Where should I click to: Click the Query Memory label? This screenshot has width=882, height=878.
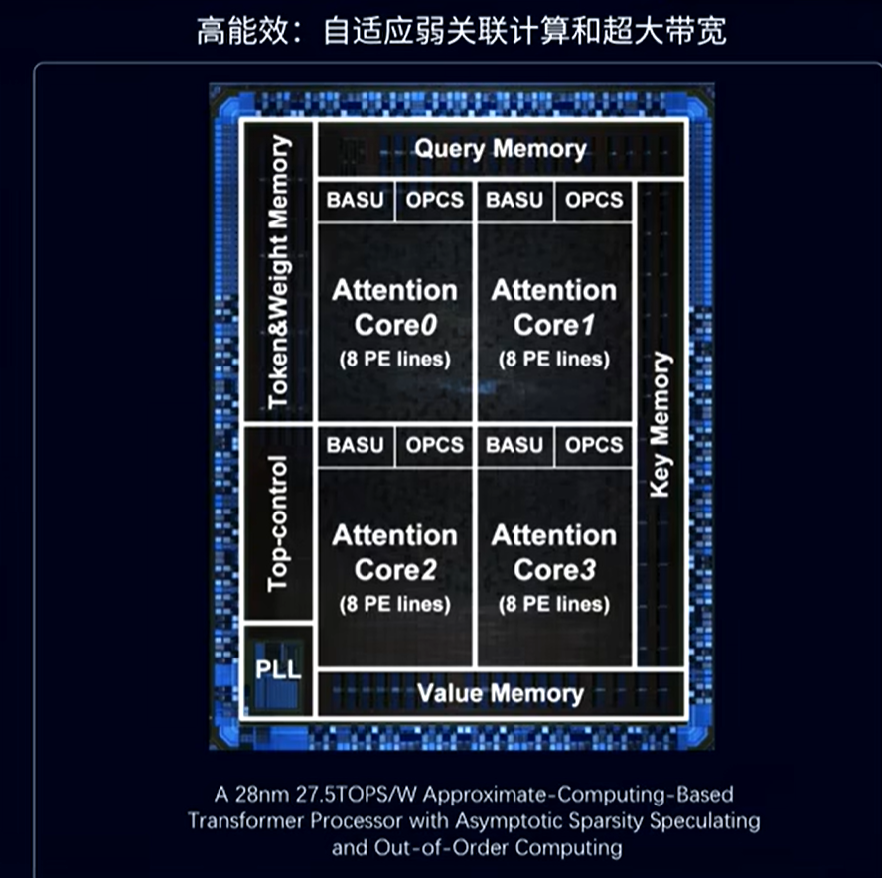(500, 149)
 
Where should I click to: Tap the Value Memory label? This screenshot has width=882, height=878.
(500, 692)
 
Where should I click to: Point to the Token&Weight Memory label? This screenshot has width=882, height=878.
(279, 271)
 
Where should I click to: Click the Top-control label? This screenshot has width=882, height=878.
(279, 522)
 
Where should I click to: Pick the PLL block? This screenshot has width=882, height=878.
(278, 668)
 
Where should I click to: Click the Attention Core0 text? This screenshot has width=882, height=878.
(394, 307)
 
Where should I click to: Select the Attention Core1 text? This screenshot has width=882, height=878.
(554, 307)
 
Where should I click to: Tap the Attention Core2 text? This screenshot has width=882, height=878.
(394, 552)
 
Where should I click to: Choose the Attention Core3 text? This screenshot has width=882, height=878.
(554, 552)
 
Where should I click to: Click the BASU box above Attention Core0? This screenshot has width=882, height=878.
(355, 200)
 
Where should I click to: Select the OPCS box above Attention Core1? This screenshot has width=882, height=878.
(594, 200)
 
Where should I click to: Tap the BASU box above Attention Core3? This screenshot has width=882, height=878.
(514, 445)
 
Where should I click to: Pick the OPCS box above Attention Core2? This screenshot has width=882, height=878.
(434, 445)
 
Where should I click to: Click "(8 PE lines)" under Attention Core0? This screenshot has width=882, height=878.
(394, 359)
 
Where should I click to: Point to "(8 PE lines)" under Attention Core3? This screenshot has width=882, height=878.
(554, 604)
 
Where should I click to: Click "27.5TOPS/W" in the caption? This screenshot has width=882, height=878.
(326, 795)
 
